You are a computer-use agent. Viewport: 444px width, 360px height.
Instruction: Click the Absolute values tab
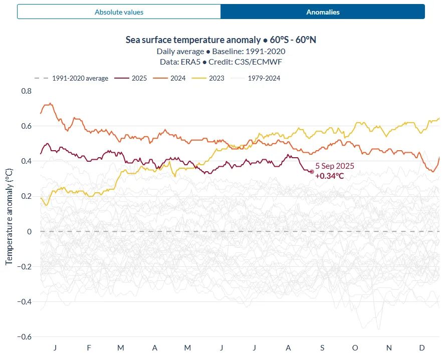point(119,12)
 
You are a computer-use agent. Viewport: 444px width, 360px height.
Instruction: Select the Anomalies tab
point(323,12)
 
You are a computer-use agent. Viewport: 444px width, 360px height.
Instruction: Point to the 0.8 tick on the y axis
point(26,91)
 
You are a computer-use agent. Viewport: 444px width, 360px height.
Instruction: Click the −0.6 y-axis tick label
point(25,336)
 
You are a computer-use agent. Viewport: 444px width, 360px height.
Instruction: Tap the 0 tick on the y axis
point(29,231)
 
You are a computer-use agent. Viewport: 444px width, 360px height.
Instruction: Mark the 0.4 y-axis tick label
point(26,161)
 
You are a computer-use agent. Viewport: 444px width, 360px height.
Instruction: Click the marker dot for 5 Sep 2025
point(311,172)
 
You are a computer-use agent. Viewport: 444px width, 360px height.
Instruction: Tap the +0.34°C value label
point(330,176)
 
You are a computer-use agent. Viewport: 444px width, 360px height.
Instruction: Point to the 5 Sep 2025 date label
point(335,166)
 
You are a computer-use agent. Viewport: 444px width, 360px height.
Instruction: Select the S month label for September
point(322,347)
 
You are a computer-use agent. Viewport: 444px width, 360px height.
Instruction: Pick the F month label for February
point(88,347)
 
